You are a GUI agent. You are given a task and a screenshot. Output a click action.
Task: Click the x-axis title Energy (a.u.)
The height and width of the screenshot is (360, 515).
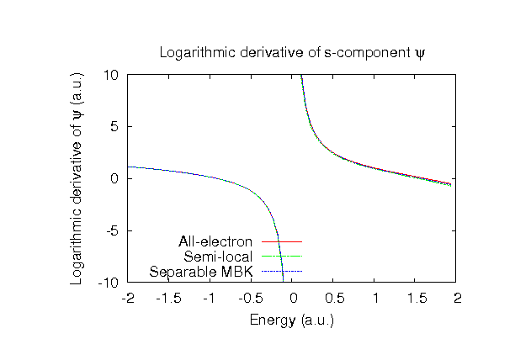(292, 320)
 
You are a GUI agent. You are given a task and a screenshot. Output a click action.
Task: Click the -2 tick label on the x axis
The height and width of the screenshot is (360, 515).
(128, 298)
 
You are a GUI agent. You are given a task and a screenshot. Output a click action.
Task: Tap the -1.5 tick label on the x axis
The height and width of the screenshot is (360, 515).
(169, 298)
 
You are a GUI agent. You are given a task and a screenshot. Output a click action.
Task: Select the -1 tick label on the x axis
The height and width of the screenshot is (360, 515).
(210, 298)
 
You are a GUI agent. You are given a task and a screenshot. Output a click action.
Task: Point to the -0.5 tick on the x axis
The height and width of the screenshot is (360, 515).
(251, 298)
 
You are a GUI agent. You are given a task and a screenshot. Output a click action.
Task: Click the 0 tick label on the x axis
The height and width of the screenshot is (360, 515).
(293, 298)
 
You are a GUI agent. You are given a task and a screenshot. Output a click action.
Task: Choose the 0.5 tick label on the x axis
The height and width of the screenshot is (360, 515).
(334, 298)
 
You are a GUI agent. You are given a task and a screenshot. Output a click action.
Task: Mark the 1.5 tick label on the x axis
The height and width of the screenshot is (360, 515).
(417, 298)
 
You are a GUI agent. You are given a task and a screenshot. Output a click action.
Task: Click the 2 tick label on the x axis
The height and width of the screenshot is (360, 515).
(458, 298)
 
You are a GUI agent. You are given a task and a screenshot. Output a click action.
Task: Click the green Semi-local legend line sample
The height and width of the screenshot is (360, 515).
(281, 257)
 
